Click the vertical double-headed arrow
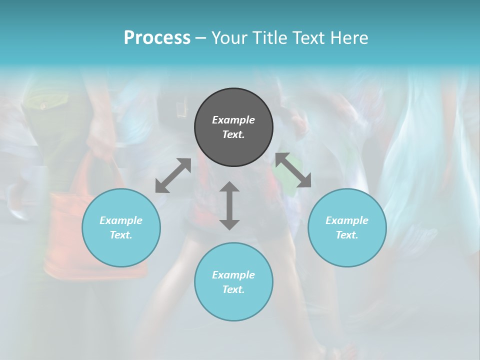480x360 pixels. tap(229, 205)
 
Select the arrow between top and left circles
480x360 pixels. tap(173, 175)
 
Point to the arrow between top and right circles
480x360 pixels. tap(293, 170)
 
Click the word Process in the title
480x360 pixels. tap(157, 38)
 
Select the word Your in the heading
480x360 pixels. tap(229, 38)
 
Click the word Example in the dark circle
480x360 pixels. tap(233, 120)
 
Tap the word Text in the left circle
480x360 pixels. tap(121, 235)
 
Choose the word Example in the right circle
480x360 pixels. tap(347, 220)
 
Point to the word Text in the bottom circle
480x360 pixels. tap(233, 289)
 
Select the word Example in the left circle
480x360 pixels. tap(121, 220)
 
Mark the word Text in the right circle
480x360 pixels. tap(347, 235)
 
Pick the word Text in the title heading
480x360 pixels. tap(308, 38)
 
